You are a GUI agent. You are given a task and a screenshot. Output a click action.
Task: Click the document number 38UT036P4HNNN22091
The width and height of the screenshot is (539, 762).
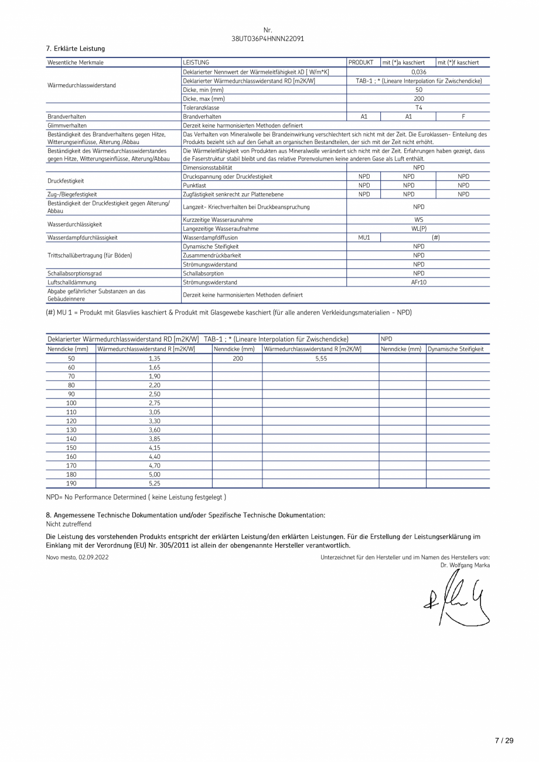268,39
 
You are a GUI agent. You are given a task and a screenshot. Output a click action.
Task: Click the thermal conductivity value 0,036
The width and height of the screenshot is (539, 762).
418,72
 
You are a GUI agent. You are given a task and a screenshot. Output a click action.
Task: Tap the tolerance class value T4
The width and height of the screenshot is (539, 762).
418,108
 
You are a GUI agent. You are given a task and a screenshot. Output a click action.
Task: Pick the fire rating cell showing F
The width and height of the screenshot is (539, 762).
463,117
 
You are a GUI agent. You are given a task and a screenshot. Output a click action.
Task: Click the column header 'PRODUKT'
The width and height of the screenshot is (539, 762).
361,63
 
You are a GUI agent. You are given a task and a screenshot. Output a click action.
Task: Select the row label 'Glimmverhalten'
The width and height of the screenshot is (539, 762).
67,125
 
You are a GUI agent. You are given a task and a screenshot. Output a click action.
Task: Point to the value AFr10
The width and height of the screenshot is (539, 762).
418,282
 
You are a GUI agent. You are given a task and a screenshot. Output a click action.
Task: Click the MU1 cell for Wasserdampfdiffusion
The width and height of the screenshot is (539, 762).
364,237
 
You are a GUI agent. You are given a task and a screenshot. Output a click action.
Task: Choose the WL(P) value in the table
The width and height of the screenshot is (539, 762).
418,228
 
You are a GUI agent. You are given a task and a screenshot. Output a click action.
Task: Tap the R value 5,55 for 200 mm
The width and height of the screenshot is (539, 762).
320,358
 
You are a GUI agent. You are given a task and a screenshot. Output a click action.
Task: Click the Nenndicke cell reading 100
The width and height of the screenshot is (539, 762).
71,403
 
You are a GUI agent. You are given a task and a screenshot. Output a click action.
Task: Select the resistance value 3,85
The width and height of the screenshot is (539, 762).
154,439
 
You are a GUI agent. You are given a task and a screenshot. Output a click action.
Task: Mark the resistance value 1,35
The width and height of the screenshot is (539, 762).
154,358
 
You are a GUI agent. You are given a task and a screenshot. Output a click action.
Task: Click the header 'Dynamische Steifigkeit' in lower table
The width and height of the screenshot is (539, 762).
456,349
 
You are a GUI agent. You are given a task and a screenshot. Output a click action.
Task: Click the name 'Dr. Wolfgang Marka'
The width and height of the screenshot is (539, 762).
465,565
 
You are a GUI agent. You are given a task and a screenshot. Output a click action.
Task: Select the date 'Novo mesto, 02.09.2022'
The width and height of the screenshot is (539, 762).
77,557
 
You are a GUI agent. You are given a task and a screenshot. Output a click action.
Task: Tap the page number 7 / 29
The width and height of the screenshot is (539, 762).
504,741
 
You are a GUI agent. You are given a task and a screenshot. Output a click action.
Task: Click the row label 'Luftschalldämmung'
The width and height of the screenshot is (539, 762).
72,282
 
